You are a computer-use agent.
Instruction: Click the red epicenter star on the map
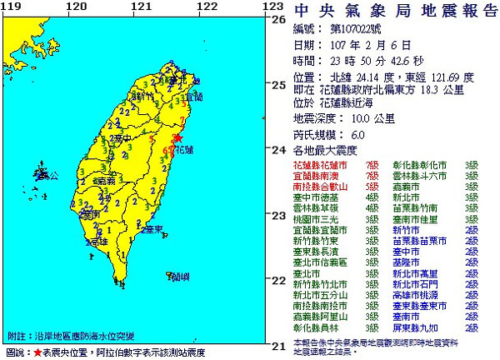point(177,138)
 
